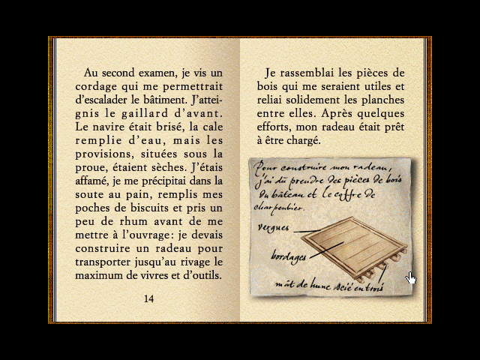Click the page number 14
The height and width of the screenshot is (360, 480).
click(x=148, y=298)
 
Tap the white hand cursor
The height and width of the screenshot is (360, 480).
click(x=411, y=279)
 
